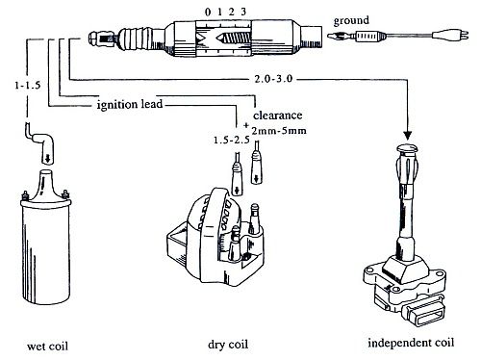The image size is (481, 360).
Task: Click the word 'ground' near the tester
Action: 351,21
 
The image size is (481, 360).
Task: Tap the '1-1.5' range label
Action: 28,86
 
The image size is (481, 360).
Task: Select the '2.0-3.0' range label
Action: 273,79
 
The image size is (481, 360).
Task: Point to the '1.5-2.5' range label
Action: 232,141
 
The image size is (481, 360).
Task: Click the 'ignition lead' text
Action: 130,104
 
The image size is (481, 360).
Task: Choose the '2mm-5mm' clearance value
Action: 279,131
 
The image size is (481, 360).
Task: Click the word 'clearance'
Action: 278,116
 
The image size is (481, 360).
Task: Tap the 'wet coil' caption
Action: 47,347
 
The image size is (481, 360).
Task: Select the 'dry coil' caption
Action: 228,345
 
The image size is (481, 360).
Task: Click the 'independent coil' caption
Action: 411,343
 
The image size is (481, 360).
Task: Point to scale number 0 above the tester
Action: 208,13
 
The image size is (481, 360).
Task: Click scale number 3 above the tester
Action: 243,12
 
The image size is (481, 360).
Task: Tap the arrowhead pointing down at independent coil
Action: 408,135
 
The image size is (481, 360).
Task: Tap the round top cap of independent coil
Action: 407,148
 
